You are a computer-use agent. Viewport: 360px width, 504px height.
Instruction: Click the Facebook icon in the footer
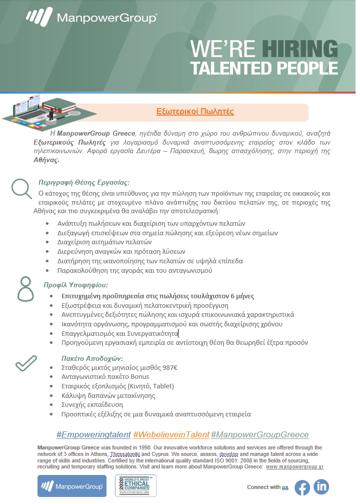point(302,487)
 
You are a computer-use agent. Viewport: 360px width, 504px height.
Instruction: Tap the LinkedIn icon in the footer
point(321,486)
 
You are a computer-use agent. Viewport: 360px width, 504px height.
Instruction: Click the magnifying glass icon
point(21,189)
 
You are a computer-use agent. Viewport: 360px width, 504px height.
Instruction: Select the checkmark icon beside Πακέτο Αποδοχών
point(26,363)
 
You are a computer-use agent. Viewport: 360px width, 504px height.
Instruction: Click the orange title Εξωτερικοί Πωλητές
point(195,112)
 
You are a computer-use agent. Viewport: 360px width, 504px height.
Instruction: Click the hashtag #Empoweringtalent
point(93,434)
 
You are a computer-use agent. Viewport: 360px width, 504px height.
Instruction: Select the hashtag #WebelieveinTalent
point(171,434)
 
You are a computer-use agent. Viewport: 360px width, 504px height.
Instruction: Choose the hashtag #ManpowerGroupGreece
point(259,434)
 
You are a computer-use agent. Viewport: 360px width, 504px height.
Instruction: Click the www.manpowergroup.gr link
point(294,466)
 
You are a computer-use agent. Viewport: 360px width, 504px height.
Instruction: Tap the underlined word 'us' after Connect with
point(285,487)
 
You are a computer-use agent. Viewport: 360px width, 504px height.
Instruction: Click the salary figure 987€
point(167,367)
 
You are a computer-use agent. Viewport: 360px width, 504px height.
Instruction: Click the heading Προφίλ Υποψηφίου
point(75,285)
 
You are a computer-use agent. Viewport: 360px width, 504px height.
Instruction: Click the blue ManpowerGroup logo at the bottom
point(72,485)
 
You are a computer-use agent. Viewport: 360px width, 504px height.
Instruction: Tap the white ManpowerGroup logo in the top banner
point(91,18)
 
